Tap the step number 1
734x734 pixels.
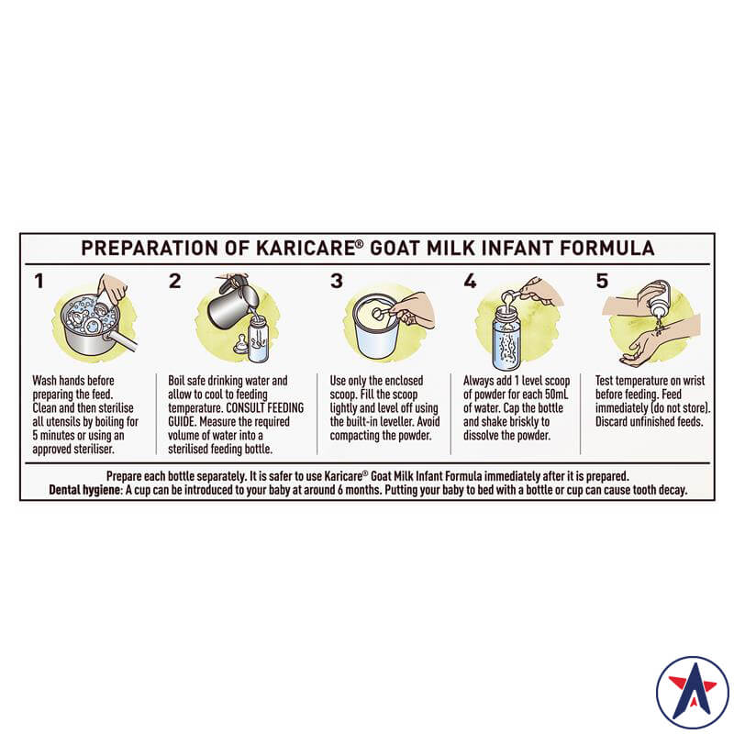pyautogui.click(x=39, y=282)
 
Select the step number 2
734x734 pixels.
pyautogui.click(x=174, y=281)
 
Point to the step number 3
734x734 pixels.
pyautogui.click(x=337, y=281)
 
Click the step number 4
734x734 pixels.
pyautogui.click(x=470, y=281)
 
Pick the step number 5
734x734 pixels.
pyautogui.click(x=602, y=281)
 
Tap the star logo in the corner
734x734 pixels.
pyautogui.click(x=693, y=692)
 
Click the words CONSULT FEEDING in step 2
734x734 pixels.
pyautogui.click(x=265, y=408)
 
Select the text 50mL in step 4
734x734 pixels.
pyautogui.click(x=557, y=395)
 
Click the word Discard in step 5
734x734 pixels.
pyautogui.click(x=611, y=422)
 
